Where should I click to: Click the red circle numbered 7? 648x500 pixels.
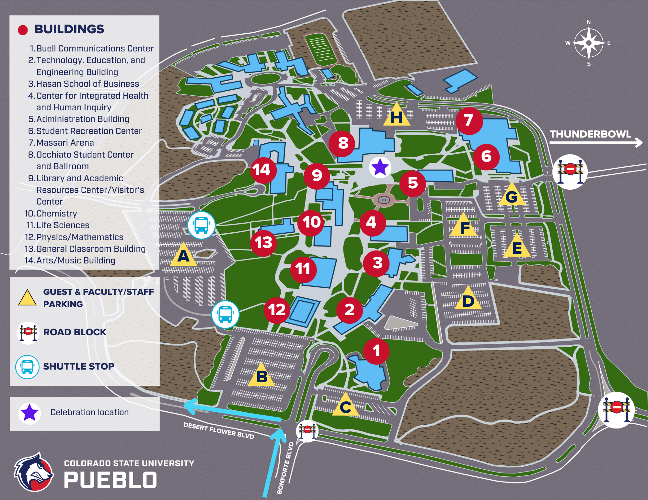click(469, 121)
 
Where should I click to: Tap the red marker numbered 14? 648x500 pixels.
click(263, 170)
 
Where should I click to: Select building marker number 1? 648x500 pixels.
click(376, 351)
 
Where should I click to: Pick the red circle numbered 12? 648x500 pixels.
click(276, 310)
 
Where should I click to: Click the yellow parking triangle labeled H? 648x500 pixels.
click(397, 116)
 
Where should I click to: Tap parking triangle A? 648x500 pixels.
click(183, 256)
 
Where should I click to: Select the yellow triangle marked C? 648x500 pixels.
click(345, 406)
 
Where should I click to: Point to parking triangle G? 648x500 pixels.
click(512, 195)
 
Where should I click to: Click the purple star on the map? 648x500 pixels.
click(380, 167)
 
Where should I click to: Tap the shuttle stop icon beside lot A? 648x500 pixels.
click(202, 225)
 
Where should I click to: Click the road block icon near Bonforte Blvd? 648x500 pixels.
click(307, 431)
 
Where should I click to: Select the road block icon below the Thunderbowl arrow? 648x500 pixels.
click(570, 172)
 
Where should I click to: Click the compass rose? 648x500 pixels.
click(589, 43)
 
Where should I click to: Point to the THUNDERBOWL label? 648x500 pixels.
click(590, 134)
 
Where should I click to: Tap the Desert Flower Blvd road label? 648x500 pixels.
click(219, 431)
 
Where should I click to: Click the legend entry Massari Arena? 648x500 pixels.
click(65, 143)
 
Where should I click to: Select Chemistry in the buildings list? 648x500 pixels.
click(56, 214)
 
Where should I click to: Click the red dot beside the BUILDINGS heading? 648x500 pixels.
click(23, 30)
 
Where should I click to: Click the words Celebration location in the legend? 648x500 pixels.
click(89, 412)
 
